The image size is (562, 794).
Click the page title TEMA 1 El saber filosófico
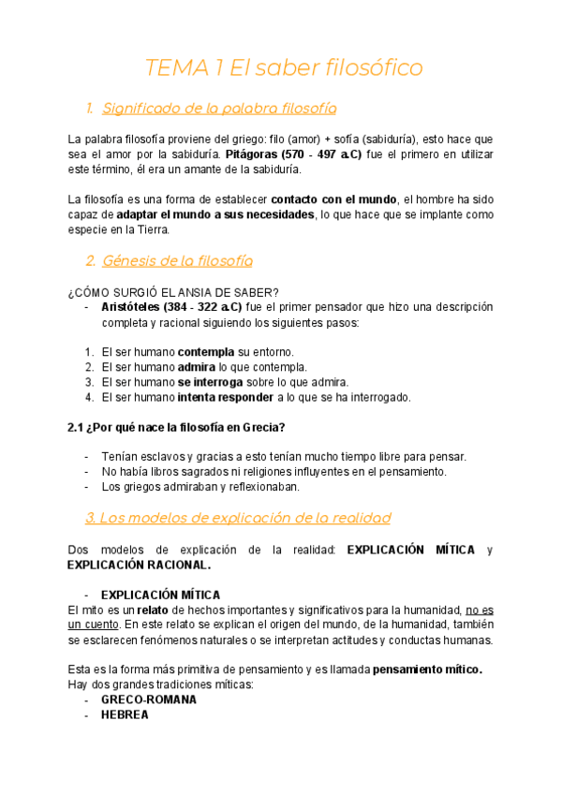tap(284, 68)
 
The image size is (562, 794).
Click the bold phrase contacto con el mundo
tap(333, 199)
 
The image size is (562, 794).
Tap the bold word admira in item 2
tap(197, 366)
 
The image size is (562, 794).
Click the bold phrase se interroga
tap(211, 381)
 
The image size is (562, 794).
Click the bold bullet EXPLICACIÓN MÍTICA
tap(160, 595)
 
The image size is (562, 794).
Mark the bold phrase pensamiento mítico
tap(427, 670)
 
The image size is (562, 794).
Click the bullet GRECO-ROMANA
tap(149, 699)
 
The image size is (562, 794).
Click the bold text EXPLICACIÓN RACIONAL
tap(140, 565)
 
